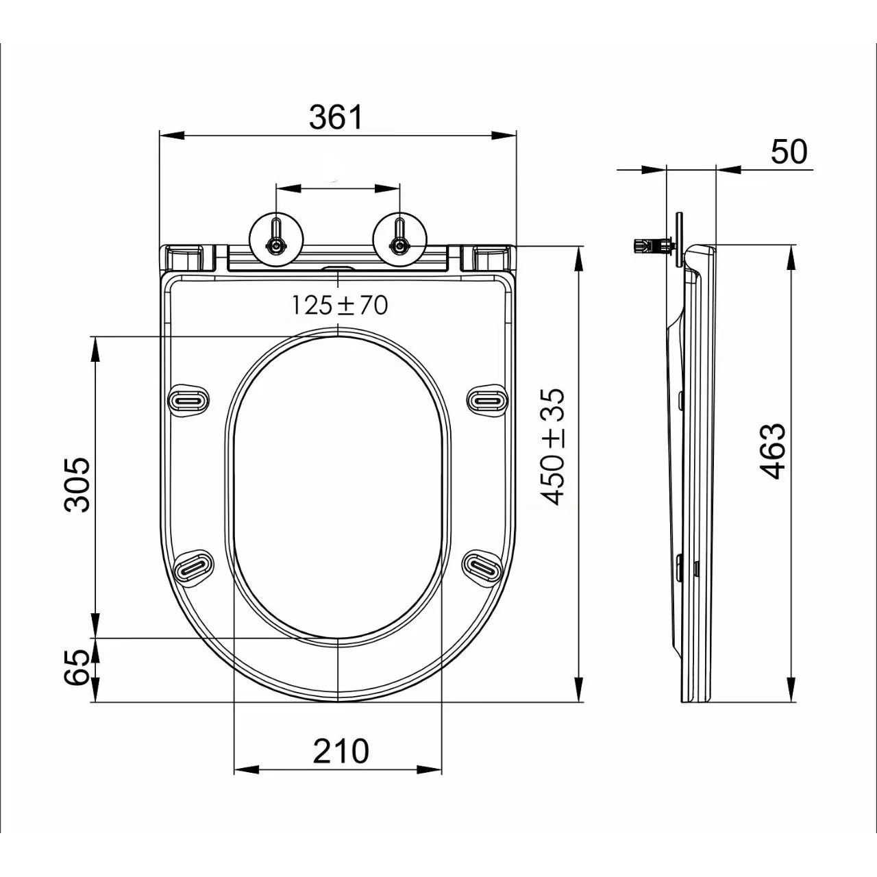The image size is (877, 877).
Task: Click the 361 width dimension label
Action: click(x=336, y=117)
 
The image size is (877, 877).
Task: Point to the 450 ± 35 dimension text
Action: click(x=554, y=447)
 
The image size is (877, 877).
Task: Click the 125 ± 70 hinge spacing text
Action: click(x=339, y=305)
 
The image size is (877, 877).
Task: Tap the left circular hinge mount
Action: click(x=277, y=239)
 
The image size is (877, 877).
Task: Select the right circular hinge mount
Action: click(x=399, y=239)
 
